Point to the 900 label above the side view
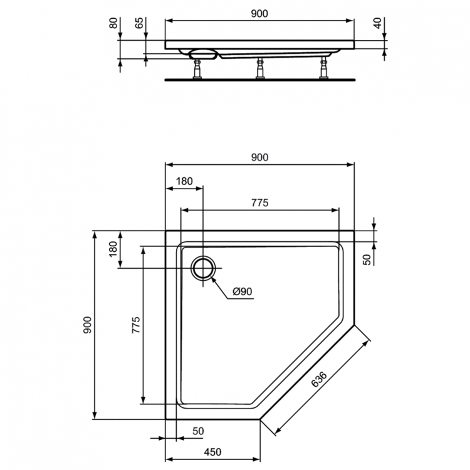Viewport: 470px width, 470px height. [x=259, y=14]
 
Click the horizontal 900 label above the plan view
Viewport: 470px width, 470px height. [x=259, y=158]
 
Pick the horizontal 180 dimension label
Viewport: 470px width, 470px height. [x=184, y=182]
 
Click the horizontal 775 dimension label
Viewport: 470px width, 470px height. [x=259, y=202]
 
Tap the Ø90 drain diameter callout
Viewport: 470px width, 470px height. [x=242, y=291]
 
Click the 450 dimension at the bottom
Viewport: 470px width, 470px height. [x=213, y=452]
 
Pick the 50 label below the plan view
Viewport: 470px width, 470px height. [x=198, y=431]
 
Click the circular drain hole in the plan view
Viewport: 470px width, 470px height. [x=203, y=269]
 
